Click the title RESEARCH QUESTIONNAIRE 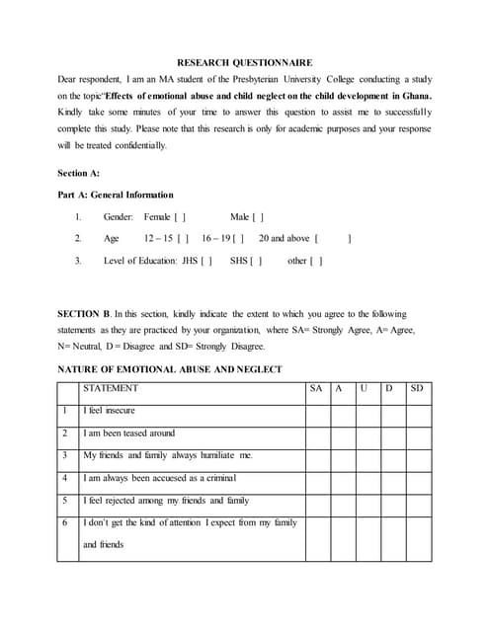pyautogui.click(x=244, y=61)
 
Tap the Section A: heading pyautogui.click(x=79, y=173)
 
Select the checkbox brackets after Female pyautogui.click(x=181, y=216)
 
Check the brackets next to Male pyautogui.click(x=258, y=216)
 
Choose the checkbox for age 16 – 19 pyautogui.click(x=238, y=238)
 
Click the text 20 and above pyautogui.click(x=285, y=238)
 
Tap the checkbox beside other pyautogui.click(x=316, y=261)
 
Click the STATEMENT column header pyautogui.click(x=111, y=388)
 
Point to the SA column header pyautogui.click(x=316, y=388)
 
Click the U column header pyautogui.click(x=365, y=388)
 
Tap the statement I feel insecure pyautogui.click(x=110, y=410)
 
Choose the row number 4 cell pyautogui.click(x=64, y=478)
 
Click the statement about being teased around pyautogui.click(x=128, y=433)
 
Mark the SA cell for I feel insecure pyautogui.click(x=317, y=411)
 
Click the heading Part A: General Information pyautogui.click(x=116, y=195)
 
